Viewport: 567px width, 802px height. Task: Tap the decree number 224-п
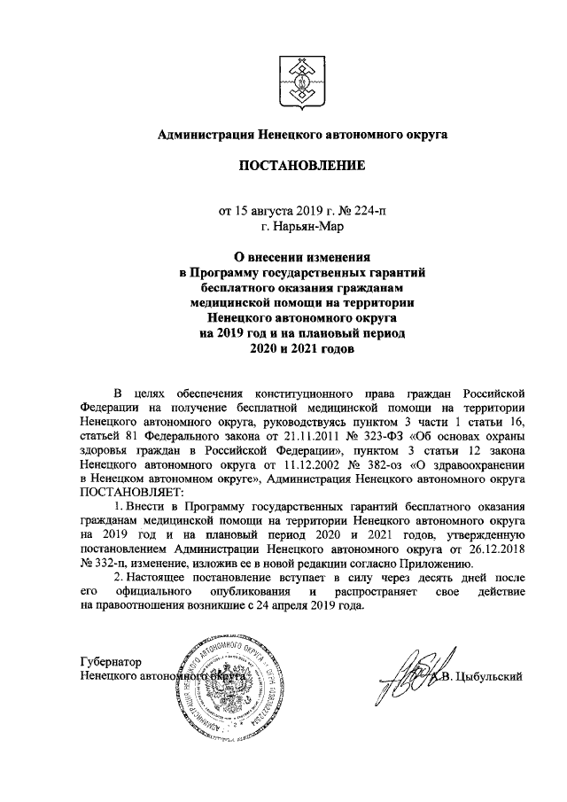[x=368, y=211]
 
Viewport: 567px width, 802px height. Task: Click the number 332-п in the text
[x=105, y=564]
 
